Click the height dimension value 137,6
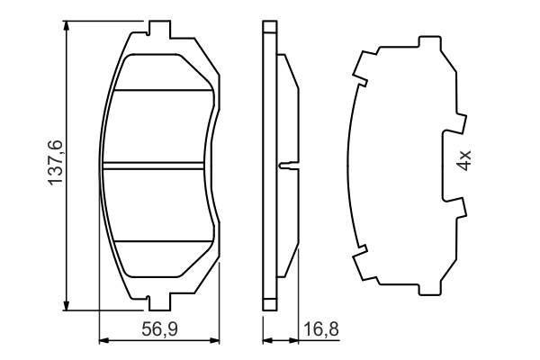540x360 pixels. coord(55,163)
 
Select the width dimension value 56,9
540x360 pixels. coord(159,329)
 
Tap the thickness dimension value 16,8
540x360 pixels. coord(321,329)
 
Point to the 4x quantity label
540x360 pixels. coord(464,162)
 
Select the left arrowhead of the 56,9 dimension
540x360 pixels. coord(102,341)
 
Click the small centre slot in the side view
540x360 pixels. coord(285,165)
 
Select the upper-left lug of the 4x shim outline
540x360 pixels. coord(362,66)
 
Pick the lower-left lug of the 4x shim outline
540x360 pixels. coord(362,263)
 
